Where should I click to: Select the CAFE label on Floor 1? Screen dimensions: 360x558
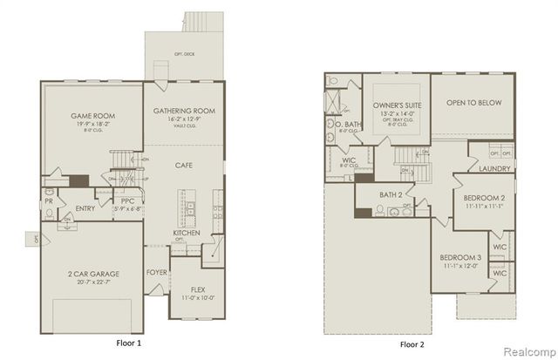(x=183, y=165)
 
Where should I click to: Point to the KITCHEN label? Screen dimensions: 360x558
(x=187, y=234)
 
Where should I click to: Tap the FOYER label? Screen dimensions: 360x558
(x=157, y=271)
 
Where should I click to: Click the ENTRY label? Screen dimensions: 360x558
(x=85, y=208)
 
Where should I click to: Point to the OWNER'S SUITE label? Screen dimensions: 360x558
(x=390, y=104)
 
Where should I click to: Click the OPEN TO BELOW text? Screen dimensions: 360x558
(x=473, y=103)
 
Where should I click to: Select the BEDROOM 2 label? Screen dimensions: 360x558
(x=484, y=198)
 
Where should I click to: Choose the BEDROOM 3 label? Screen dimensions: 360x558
(x=459, y=258)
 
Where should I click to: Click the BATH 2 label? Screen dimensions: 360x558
(x=390, y=194)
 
